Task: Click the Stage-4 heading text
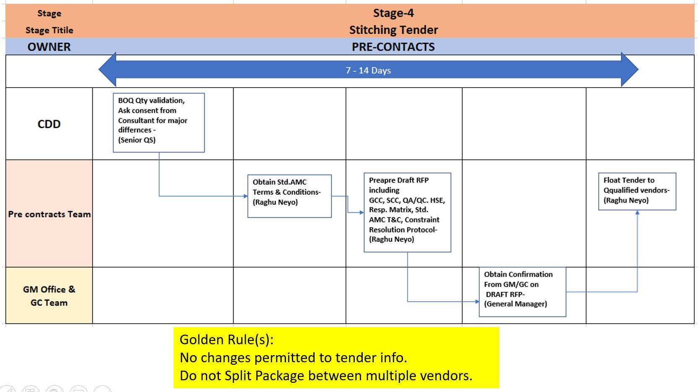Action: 393,13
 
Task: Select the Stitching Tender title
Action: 393,30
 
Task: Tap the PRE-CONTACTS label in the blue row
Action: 393,47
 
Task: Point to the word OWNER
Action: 49,47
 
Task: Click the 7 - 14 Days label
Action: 368,70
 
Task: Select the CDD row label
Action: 49,124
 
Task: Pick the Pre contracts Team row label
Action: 49,214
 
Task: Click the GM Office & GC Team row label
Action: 49,296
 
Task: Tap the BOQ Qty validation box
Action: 159,122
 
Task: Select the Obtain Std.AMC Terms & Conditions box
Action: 289,196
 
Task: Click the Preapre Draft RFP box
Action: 407,212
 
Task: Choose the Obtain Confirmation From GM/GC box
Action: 522,292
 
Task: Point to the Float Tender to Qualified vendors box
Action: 637,191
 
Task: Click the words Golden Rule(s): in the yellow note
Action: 226,339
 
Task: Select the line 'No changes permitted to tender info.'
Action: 293,358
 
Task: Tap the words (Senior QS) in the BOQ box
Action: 137,140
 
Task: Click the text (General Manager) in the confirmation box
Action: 515,304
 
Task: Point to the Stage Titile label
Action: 49,30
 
